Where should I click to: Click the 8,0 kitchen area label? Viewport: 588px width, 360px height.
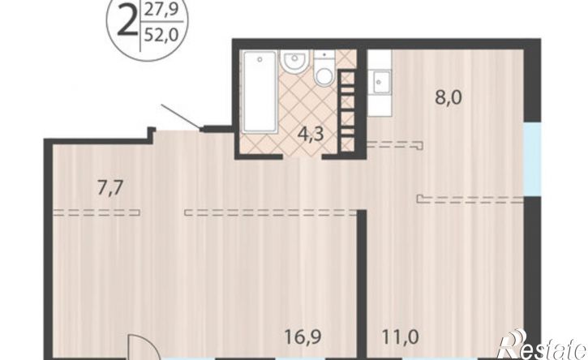[449, 98]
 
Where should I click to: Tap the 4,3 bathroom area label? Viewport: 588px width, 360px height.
[310, 135]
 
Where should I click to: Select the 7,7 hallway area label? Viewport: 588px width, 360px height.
[110, 188]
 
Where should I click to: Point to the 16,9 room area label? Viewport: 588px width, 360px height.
[303, 337]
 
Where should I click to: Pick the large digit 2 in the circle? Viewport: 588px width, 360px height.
[127, 22]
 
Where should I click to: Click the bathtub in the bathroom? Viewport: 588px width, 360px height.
[260, 92]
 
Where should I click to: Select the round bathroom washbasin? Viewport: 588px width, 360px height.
[295, 61]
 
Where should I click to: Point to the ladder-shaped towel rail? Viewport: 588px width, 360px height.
[348, 110]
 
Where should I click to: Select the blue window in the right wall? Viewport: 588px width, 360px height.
[533, 160]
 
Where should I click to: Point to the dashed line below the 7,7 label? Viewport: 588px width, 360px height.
[97, 212]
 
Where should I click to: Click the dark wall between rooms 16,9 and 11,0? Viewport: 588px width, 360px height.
[362, 285]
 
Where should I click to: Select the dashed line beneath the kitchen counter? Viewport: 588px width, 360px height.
[395, 145]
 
